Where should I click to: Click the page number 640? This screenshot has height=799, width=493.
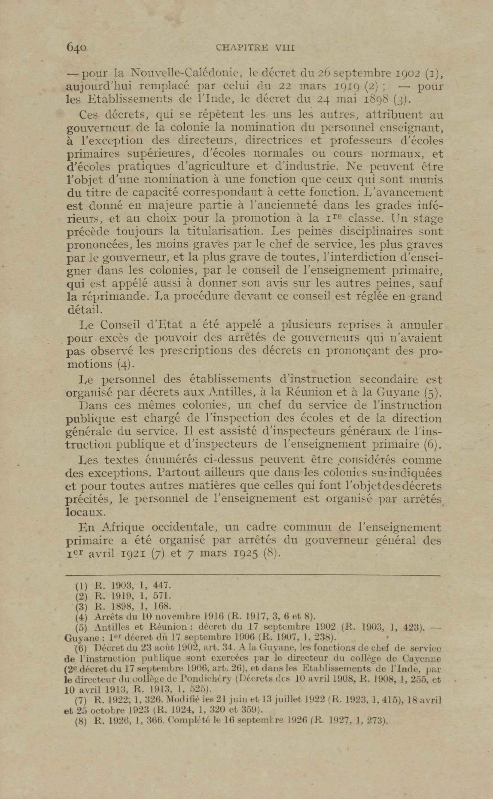pos(76,48)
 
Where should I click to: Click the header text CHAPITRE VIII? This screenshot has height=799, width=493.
pos(255,48)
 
